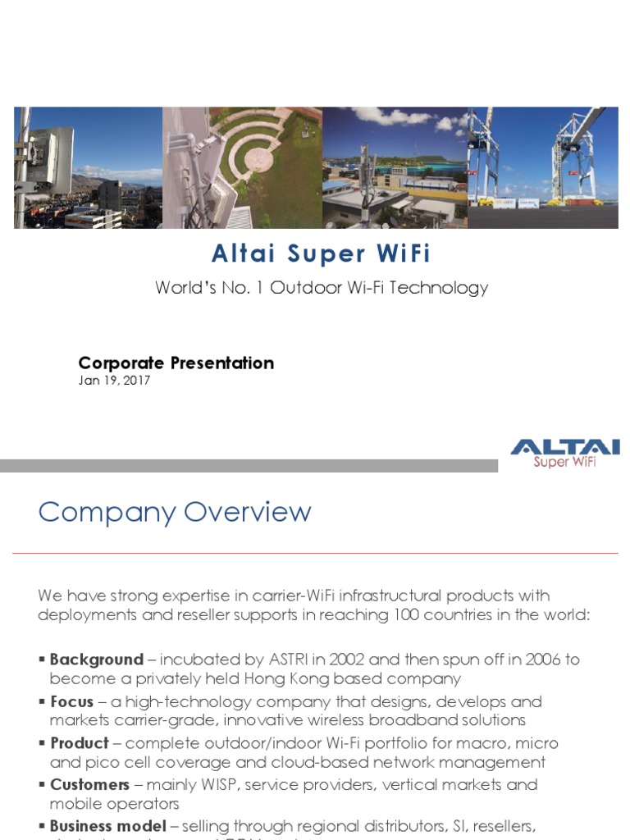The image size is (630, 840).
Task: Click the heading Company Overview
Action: [x=175, y=513]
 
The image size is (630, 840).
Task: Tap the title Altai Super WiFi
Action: [x=321, y=254]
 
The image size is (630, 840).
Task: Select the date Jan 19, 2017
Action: [x=114, y=381]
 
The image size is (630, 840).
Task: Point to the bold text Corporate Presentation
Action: [x=176, y=363]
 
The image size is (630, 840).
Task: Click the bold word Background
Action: [x=97, y=660]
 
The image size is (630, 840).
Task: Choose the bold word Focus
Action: [x=72, y=702]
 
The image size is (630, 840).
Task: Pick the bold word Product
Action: [x=80, y=743]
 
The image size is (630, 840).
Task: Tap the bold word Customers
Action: [x=90, y=785]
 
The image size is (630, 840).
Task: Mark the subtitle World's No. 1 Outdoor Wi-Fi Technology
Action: [x=322, y=288]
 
